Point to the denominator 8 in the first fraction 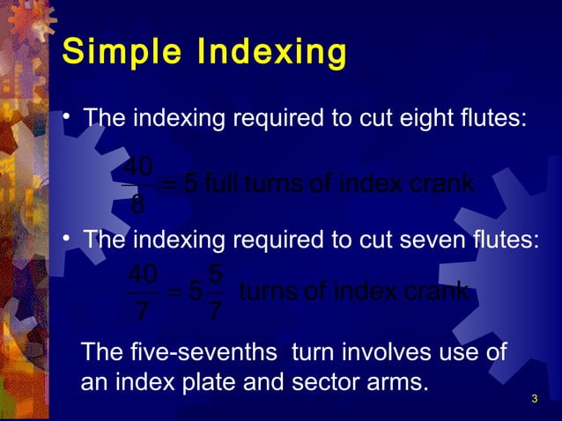[137, 206]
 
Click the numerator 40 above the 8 [137, 166]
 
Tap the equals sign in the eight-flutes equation [169, 185]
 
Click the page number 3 [534, 402]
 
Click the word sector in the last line [327, 384]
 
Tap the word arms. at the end [396, 384]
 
